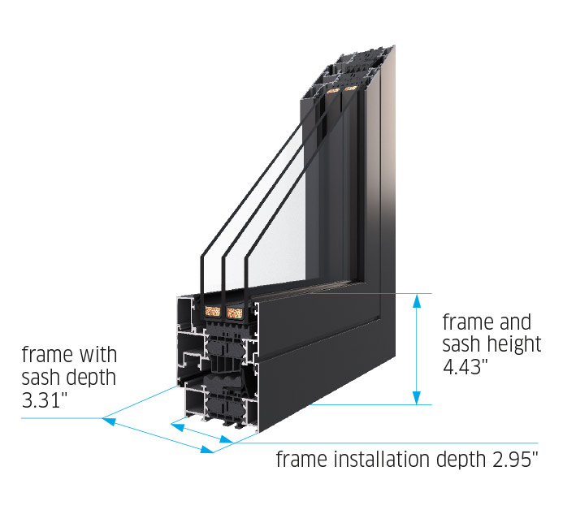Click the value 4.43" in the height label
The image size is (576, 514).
(x=466, y=366)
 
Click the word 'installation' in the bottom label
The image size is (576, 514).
(x=372, y=460)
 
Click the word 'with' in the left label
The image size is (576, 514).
(x=97, y=355)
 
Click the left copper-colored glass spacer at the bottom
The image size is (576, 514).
(x=213, y=310)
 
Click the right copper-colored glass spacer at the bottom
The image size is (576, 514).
(x=236, y=310)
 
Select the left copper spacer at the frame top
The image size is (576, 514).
(x=331, y=93)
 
